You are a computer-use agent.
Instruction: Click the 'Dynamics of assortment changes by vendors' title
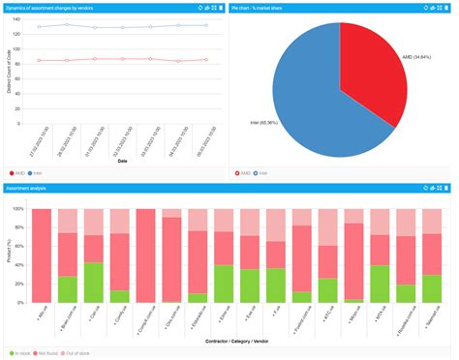[x=48, y=7]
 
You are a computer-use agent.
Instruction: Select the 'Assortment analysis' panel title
[x=26, y=186]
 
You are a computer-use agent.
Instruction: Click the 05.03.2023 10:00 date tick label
[x=206, y=140]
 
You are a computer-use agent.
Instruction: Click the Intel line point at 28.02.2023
[x=67, y=25]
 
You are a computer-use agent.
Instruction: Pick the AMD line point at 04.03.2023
[x=178, y=61]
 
